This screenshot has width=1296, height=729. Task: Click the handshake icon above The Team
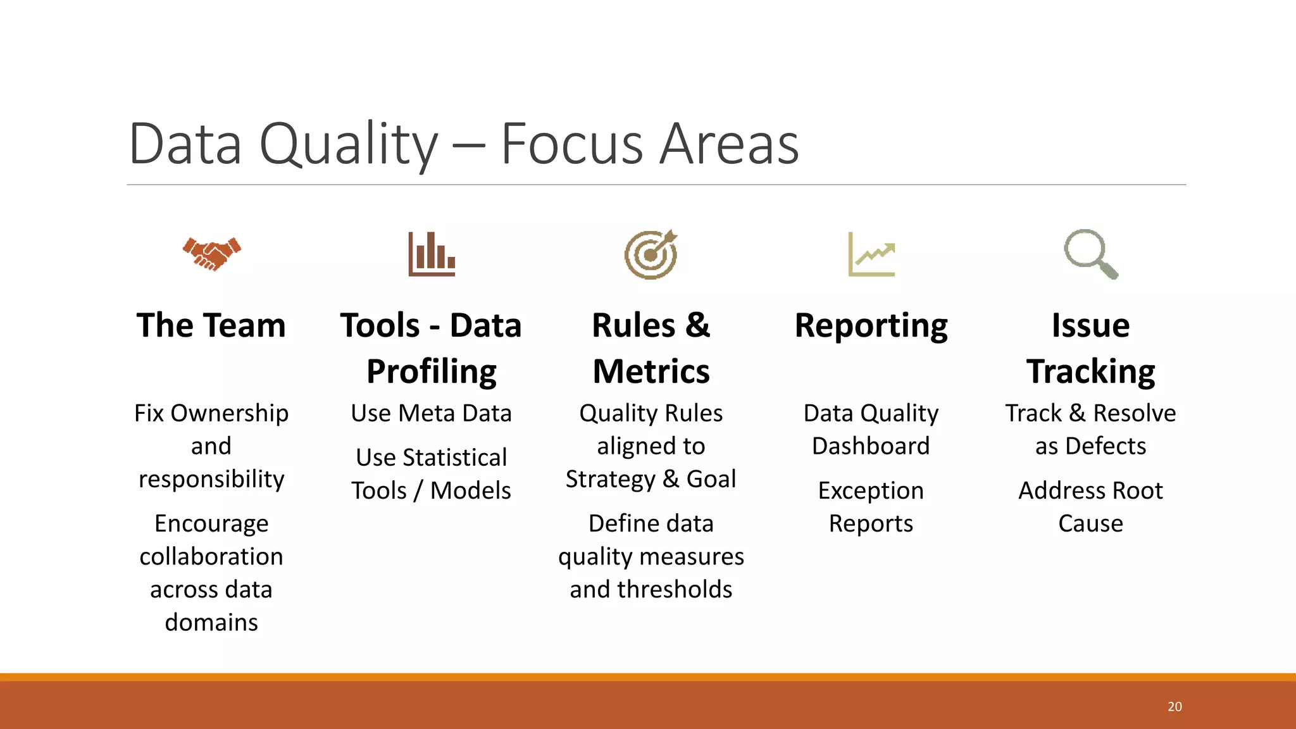(x=212, y=254)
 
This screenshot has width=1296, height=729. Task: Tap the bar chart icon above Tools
(x=432, y=254)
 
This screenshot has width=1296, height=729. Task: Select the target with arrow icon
(x=651, y=254)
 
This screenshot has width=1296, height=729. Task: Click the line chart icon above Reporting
(x=871, y=254)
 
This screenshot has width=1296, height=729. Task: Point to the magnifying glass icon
(x=1090, y=254)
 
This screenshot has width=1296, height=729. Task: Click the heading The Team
(x=211, y=326)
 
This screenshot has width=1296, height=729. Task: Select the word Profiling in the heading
(x=432, y=371)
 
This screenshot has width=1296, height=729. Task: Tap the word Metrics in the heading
(x=651, y=371)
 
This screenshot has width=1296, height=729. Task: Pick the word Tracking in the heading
(x=1090, y=371)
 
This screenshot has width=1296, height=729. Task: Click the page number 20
(x=1174, y=707)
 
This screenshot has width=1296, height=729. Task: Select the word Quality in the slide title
(x=349, y=146)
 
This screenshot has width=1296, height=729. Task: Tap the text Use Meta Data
(x=431, y=413)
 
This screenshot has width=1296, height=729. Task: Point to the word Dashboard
(x=871, y=446)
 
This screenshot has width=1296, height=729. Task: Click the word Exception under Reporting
(x=871, y=491)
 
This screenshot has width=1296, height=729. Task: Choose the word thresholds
(x=675, y=590)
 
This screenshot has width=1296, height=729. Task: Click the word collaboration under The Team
(x=211, y=557)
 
